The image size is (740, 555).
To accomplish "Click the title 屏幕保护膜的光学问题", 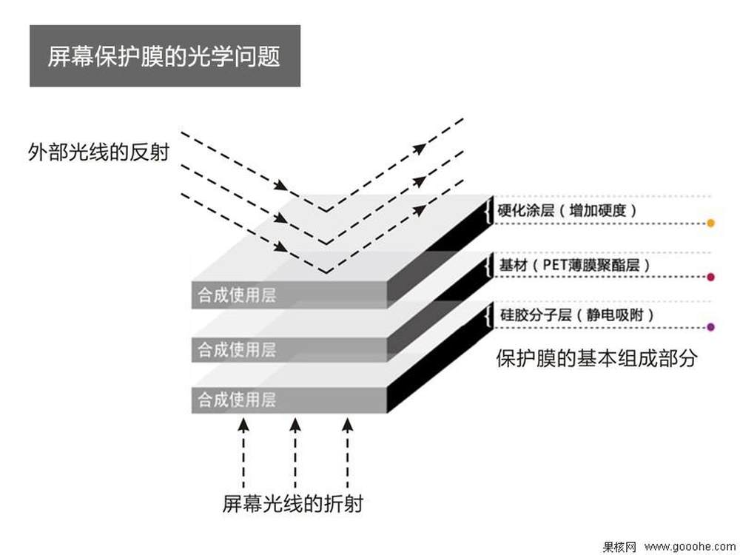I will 164,57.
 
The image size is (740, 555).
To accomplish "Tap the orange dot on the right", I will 710,223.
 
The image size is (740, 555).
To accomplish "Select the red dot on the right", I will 710,277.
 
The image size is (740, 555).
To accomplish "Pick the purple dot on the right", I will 710,326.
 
